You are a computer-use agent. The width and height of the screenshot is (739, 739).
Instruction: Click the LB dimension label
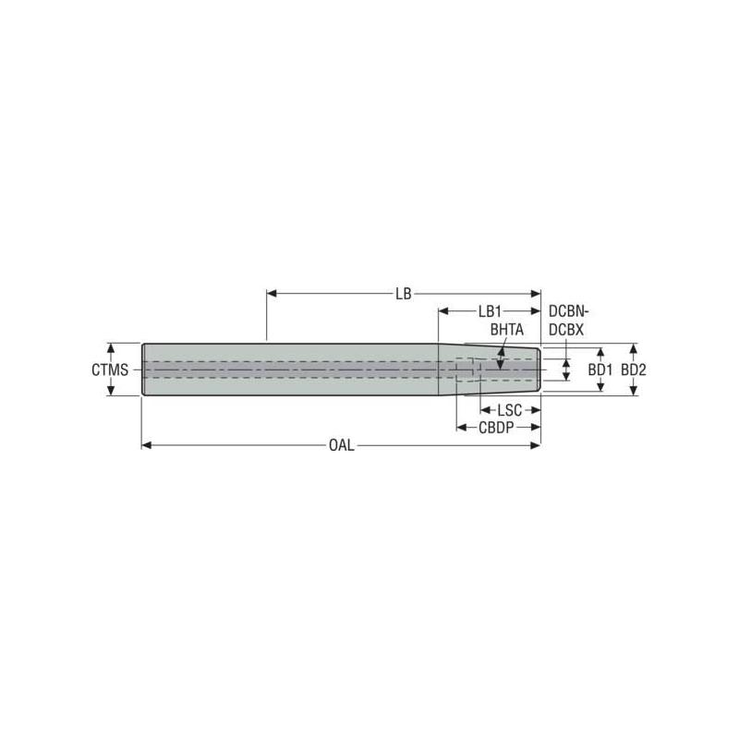click(x=403, y=294)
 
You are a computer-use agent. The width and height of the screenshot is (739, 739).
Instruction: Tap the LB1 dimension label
click(x=490, y=312)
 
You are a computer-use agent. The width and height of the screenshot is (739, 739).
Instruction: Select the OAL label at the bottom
click(x=340, y=445)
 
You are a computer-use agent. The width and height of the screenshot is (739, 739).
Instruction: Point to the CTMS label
click(x=108, y=369)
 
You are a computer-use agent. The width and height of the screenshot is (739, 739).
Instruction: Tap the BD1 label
click(x=601, y=369)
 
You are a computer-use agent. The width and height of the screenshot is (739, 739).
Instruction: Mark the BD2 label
click(x=633, y=369)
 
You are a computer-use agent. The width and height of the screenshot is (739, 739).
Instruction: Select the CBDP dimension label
click(x=496, y=427)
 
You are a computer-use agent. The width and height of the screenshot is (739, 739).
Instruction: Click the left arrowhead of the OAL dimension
click(x=146, y=445)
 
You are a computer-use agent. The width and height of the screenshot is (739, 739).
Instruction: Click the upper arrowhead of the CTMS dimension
click(x=110, y=348)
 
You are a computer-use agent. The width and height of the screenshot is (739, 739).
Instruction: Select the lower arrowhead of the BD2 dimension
click(x=633, y=392)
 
